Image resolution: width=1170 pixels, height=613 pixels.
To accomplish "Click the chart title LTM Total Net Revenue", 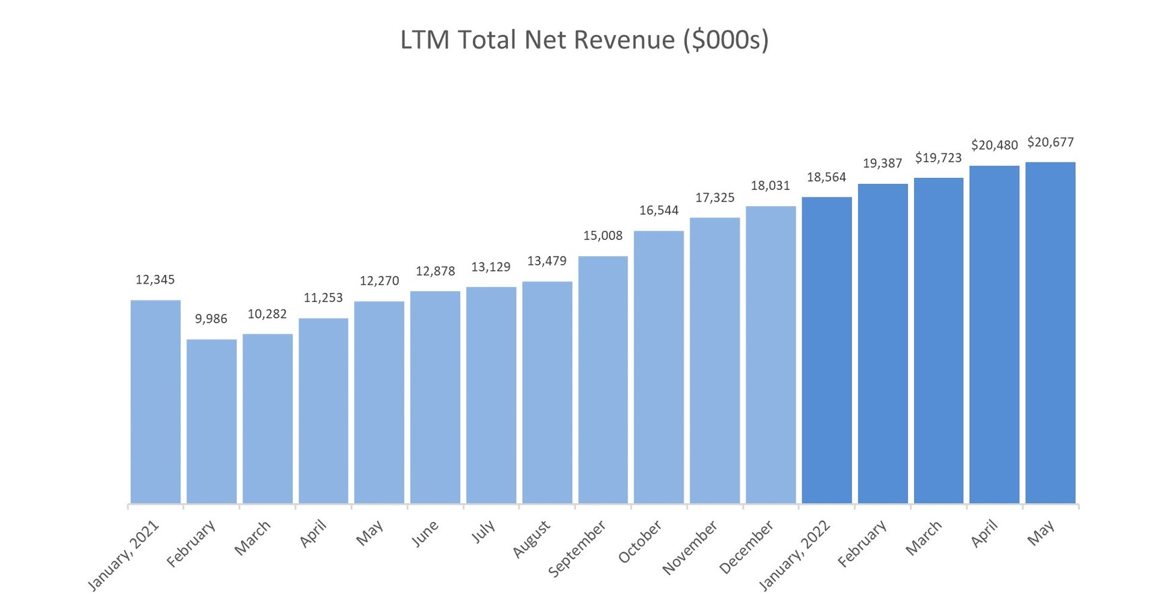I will click(x=584, y=40).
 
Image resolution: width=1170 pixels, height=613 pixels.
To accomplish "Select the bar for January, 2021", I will click(x=156, y=401).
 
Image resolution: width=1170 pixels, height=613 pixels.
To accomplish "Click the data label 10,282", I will click(x=267, y=314).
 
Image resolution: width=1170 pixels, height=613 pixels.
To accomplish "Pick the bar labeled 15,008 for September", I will click(x=603, y=379).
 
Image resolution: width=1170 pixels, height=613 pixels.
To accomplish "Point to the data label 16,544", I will click(x=659, y=210).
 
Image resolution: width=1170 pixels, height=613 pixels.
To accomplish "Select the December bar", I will click(x=771, y=354).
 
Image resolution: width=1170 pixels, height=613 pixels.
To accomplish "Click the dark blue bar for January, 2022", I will click(x=826, y=350).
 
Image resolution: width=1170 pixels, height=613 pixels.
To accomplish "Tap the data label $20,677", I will click(x=1050, y=142).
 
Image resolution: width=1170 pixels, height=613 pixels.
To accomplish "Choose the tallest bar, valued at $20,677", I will click(x=1050, y=333).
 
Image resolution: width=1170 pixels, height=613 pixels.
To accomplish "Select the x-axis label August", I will click(x=532, y=538).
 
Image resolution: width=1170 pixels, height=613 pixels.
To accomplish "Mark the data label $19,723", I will click(x=938, y=158).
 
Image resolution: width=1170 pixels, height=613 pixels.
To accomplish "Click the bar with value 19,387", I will click(x=882, y=344).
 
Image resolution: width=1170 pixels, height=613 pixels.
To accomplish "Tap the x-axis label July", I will click(x=484, y=531).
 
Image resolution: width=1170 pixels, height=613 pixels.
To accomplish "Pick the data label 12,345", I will click(x=155, y=280).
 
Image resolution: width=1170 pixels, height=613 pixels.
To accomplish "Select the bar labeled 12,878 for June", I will click(x=435, y=397).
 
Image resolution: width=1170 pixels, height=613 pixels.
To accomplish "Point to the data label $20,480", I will click(x=994, y=146).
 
